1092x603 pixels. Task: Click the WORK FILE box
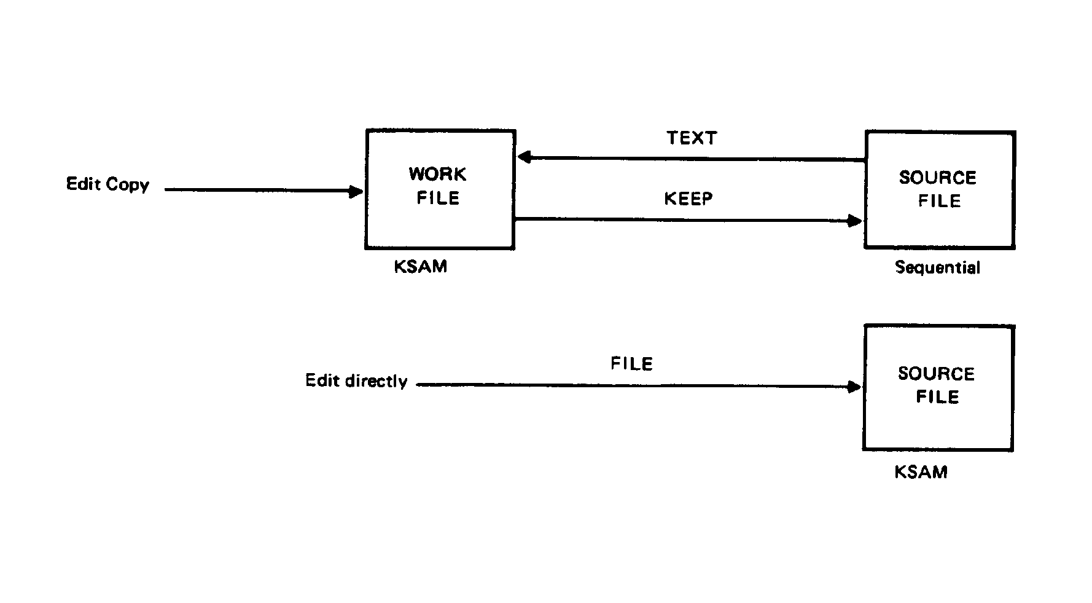(x=440, y=189)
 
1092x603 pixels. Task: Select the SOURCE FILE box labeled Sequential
(x=939, y=189)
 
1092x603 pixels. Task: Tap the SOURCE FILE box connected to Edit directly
(x=938, y=388)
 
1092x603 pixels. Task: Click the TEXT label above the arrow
(x=692, y=138)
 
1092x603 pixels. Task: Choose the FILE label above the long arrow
(x=631, y=364)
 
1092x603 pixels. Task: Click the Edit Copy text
(x=107, y=184)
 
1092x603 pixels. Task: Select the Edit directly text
(x=356, y=381)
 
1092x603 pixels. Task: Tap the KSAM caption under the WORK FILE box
(x=421, y=267)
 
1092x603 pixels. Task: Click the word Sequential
(x=937, y=267)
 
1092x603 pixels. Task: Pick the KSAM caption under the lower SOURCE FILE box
(x=921, y=472)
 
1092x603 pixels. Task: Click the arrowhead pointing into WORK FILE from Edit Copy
(x=356, y=192)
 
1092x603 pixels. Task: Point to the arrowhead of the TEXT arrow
(x=524, y=157)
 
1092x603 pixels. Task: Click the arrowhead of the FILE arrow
(x=854, y=387)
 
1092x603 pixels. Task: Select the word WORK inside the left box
(x=438, y=175)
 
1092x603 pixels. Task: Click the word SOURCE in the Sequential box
(x=938, y=178)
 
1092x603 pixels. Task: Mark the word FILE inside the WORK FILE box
(x=438, y=199)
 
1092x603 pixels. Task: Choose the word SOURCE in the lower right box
(x=937, y=374)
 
